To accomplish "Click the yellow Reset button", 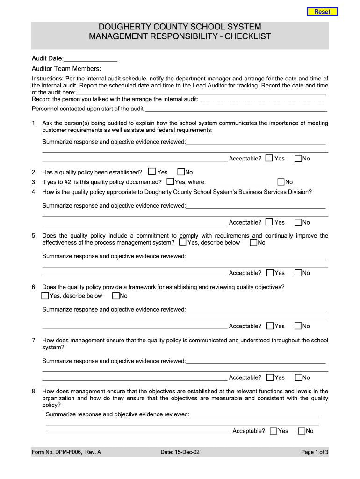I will (x=322, y=12).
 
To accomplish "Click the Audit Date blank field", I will (x=90, y=58).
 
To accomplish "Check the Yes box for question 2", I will (x=152, y=172).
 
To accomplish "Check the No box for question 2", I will (x=181, y=172).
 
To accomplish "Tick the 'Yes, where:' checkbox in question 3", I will (x=171, y=182).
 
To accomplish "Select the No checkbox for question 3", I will (x=281, y=182).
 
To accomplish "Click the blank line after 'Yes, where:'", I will (x=237, y=182).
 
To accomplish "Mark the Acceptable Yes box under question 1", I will (x=269, y=159).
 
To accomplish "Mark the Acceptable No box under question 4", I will (x=298, y=222).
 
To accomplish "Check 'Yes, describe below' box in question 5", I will (x=182, y=242).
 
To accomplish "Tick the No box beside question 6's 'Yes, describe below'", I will (x=116, y=296).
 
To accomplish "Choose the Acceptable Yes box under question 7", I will (x=270, y=377).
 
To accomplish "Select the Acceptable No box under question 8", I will (x=302, y=431).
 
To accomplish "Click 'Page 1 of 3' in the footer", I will (x=315, y=452).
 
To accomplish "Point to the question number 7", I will (x=34, y=341).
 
